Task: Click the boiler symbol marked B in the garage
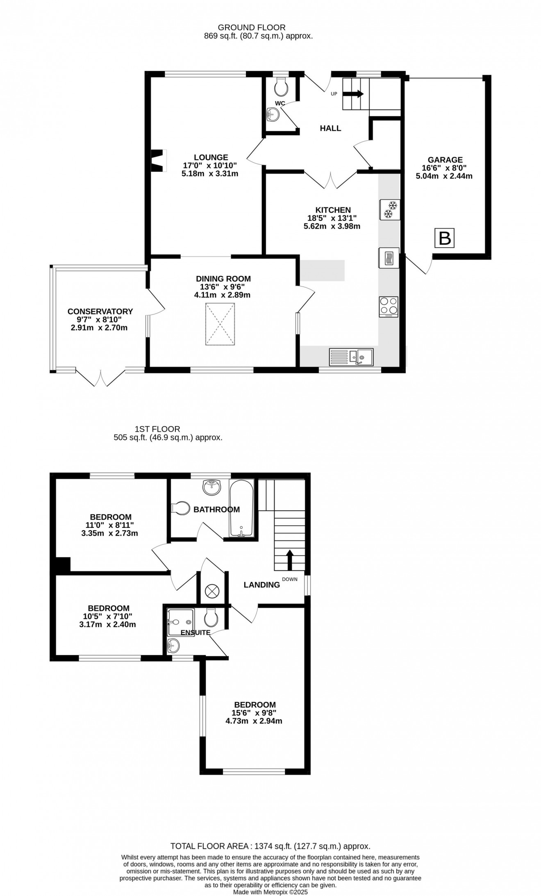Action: pos(445,238)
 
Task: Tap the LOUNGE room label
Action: pos(211,157)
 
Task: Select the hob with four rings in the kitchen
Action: pos(389,306)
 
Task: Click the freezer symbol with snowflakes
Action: pos(390,209)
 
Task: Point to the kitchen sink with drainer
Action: pos(351,357)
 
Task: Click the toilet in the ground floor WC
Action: pos(281,86)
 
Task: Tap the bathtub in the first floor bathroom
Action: pos(242,508)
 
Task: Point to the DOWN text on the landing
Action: pos(290,579)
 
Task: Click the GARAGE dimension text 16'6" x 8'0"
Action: pos(445,168)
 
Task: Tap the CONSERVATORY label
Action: pos(100,312)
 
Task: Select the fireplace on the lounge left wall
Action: pos(158,161)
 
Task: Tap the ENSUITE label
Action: pos(195,632)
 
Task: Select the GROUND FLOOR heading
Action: pos(252,27)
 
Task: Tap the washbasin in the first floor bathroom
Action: pos(211,487)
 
